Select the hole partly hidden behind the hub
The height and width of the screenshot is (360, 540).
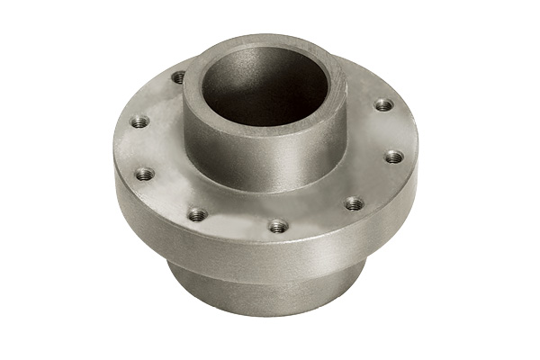tap(179, 77)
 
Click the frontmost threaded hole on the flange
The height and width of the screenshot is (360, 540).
tap(279, 226)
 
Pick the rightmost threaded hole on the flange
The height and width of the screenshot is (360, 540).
tap(393, 157)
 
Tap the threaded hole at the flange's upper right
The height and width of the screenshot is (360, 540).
tap(383, 105)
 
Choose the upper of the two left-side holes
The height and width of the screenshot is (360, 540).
tap(139, 121)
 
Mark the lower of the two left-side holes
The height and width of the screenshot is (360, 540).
tap(144, 173)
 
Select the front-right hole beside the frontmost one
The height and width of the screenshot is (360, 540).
tap(354, 203)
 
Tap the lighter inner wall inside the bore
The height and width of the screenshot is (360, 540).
tap(288, 85)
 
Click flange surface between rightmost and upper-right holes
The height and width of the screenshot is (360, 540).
tap(389, 131)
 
